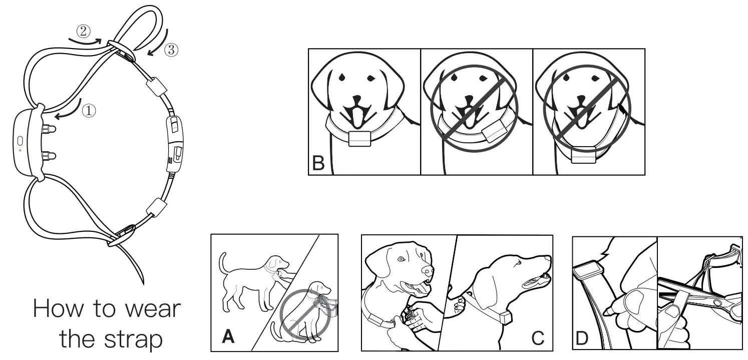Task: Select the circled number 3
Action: pyautogui.click(x=171, y=50)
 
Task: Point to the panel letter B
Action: pyautogui.click(x=319, y=163)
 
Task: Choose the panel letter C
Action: pyautogui.click(x=537, y=339)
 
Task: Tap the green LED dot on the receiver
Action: pyautogui.click(x=20, y=150)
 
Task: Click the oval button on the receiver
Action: pyautogui.click(x=20, y=141)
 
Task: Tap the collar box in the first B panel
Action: pyautogui.click(x=359, y=138)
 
